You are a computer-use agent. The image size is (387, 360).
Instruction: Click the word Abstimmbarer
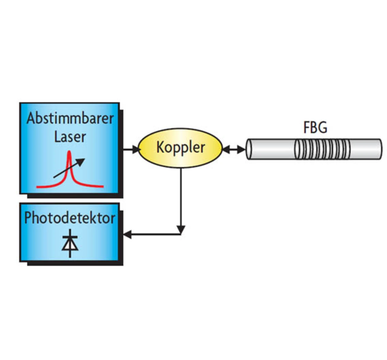(70, 118)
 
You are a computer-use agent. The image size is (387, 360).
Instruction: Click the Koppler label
(180, 147)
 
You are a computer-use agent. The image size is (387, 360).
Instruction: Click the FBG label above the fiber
(315, 128)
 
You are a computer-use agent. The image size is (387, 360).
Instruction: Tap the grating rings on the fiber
(322, 149)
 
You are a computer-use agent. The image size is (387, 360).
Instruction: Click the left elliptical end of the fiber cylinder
(249, 149)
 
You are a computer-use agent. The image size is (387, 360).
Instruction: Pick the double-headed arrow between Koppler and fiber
(234, 149)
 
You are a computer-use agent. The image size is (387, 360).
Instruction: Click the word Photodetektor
(70, 218)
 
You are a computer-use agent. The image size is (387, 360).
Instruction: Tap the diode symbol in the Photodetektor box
(70, 244)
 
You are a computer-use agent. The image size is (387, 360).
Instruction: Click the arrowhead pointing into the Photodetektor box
(127, 234)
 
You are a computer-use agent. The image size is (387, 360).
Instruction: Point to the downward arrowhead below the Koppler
(181, 230)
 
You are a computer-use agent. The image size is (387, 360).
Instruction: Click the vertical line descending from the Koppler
(181, 197)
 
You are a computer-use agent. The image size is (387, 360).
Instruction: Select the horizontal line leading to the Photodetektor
(154, 234)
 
